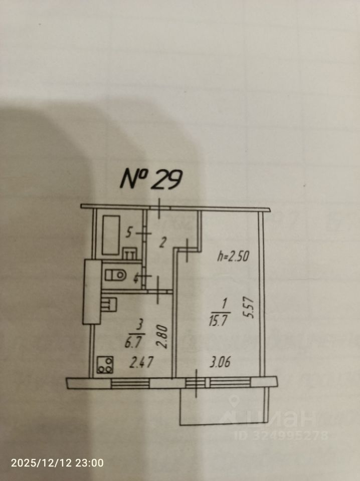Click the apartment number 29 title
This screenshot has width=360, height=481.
click(x=150, y=179)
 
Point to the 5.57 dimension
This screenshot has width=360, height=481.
click(x=252, y=309)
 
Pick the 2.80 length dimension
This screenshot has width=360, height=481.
click(x=160, y=335)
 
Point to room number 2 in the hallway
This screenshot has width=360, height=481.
click(x=162, y=244)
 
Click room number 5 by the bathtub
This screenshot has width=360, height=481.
click(x=129, y=232)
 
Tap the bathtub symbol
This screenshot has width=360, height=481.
click(x=111, y=234)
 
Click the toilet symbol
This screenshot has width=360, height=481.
click(x=116, y=275)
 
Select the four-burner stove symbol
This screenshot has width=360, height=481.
click(x=105, y=365)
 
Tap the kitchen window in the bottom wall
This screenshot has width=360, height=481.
click(x=130, y=383)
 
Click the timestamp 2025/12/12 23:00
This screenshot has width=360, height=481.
click(x=57, y=463)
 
